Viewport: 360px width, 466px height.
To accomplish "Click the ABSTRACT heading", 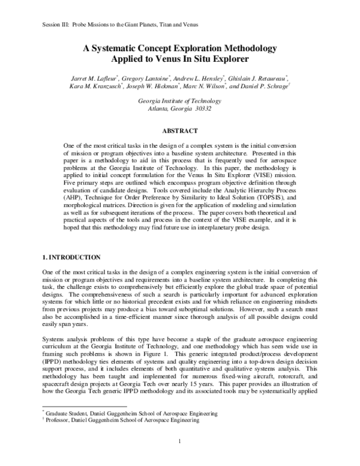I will [x=179, y=129].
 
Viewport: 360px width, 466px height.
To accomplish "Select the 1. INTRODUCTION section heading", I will [x=62, y=258].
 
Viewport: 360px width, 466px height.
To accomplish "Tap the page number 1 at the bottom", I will [x=179, y=443].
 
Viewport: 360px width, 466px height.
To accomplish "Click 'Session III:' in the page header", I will [x=58, y=25].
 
